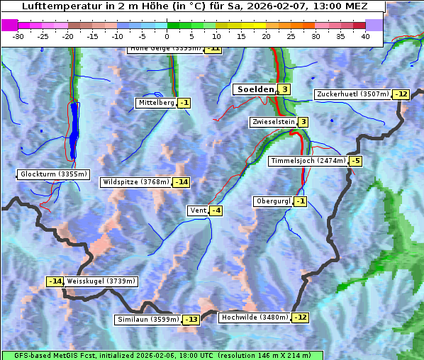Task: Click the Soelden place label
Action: [255, 89]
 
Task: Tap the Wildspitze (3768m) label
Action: [136, 182]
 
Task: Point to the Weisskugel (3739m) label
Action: [101, 281]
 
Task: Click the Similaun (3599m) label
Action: [148, 320]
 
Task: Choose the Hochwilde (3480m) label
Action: [255, 317]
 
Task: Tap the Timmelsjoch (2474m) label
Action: [308, 161]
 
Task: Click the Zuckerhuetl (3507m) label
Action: [353, 94]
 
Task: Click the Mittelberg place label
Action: [156, 103]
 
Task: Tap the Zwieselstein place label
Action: [273, 122]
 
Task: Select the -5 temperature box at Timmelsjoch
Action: [355, 161]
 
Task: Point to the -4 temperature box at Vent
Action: [216, 210]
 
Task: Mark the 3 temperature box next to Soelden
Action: [284, 89]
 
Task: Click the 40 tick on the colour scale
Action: [365, 36]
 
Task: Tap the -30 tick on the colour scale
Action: [18, 36]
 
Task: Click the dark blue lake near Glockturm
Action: [74, 131]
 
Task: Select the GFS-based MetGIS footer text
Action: [162, 355]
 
